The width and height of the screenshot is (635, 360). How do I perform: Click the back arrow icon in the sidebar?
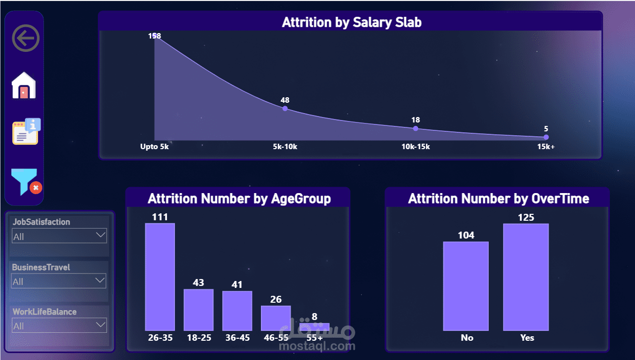pyautogui.click(x=26, y=38)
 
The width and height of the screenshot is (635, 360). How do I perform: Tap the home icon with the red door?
pyautogui.click(x=24, y=85)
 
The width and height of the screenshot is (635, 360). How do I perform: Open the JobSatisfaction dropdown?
pyautogui.click(x=59, y=237)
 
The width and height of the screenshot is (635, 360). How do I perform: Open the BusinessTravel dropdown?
pyautogui.click(x=59, y=281)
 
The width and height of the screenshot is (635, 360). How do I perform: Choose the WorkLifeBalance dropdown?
pyautogui.click(x=59, y=326)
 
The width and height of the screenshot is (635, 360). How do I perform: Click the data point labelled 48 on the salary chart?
pyautogui.click(x=285, y=108)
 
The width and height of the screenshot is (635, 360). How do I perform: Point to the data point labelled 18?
pyautogui.click(x=416, y=128)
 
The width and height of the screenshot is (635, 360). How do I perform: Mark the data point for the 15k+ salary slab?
pyautogui.click(x=546, y=137)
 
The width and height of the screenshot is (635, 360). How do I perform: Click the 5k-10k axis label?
pyautogui.click(x=285, y=147)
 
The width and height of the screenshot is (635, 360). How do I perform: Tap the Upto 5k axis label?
pyautogui.click(x=155, y=147)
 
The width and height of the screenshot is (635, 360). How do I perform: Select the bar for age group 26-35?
pyautogui.click(x=160, y=277)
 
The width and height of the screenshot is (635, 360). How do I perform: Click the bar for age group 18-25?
pyautogui.click(x=199, y=310)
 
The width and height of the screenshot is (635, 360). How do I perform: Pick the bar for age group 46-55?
pyautogui.click(x=276, y=318)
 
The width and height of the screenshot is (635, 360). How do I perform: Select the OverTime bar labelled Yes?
pyautogui.click(x=526, y=277)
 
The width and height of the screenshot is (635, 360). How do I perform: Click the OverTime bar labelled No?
pyautogui.click(x=466, y=286)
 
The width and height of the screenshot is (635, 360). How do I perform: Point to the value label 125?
pyautogui.click(x=526, y=217)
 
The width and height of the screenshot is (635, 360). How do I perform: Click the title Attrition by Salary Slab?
pyautogui.click(x=351, y=22)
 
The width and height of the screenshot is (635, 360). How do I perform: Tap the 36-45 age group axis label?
pyautogui.click(x=237, y=338)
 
